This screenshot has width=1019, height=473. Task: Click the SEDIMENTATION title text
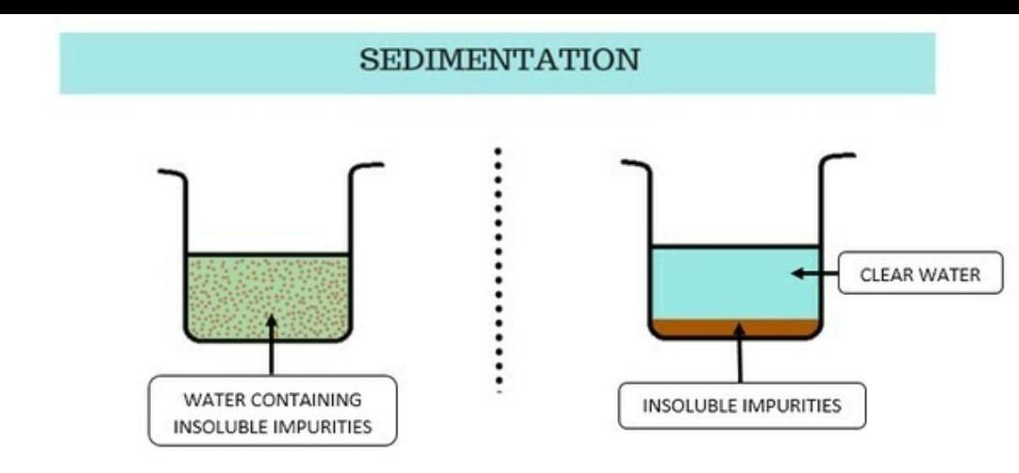(499, 61)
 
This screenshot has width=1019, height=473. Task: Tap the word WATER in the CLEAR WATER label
(950, 275)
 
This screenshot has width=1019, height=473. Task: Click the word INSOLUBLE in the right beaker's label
(684, 406)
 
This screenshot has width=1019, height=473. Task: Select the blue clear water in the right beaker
(717, 283)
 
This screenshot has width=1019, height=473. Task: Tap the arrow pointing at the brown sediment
(740, 353)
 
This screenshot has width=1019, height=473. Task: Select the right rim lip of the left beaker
(368, 166)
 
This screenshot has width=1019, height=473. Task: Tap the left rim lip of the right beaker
(635, 163)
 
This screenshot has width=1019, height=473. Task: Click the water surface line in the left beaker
(268, 254)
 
